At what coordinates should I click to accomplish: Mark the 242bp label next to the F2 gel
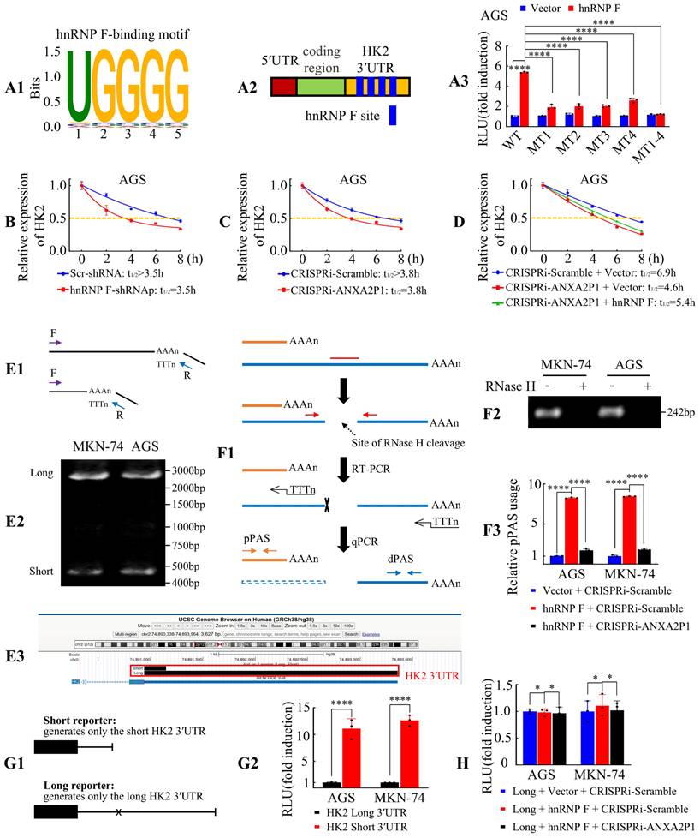click(x=678, y=410)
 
